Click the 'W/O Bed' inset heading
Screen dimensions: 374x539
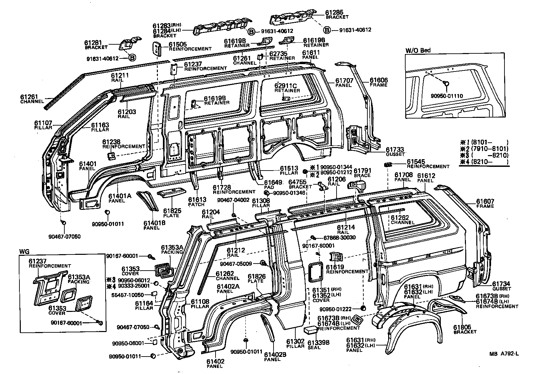[x=418, y=50]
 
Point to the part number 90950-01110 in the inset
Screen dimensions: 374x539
[x=446, y=96]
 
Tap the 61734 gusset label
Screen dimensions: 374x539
[x=501, y=284]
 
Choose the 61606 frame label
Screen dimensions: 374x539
[x=379, y=80]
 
